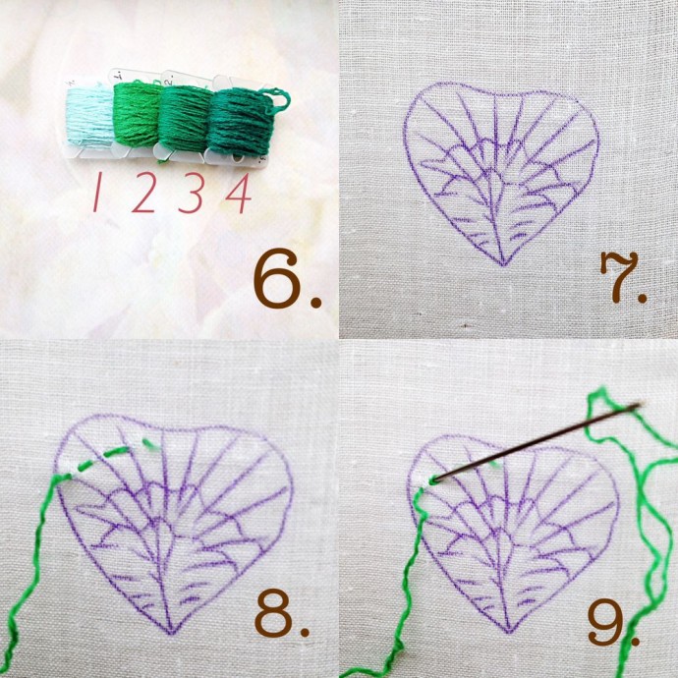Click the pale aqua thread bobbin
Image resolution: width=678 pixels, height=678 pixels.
coord(90,116)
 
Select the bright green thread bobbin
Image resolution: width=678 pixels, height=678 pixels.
coord(138,113)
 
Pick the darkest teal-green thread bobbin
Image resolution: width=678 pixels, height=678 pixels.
coord(239,122)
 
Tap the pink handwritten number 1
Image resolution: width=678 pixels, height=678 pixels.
coord(98,192)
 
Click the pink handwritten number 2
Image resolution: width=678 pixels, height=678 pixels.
coord(144,192)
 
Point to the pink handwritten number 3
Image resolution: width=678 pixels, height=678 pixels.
coord(191,193)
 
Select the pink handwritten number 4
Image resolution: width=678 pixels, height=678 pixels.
coord(239,193)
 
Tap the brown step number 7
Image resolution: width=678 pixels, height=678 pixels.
coord(618,277)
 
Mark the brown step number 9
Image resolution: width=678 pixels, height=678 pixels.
coord(607,622)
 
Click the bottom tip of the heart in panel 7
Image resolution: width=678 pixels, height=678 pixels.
coord(503,264)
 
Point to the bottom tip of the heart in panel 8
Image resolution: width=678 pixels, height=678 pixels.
coord(171,633)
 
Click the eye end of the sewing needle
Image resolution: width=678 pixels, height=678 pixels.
coord(635,406)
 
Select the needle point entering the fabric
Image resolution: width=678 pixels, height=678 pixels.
coord(435,480)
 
